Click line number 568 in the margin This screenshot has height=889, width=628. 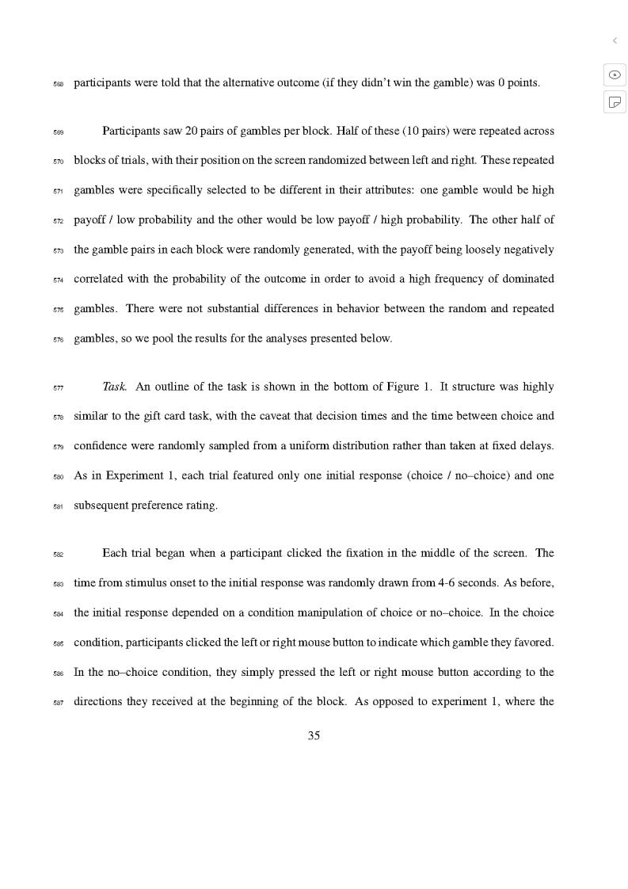tap(59, 84)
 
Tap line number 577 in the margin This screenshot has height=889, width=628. tap(59, 388)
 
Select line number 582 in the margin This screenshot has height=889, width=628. tap(59, 555)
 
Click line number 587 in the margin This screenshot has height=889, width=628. tap(59, 703)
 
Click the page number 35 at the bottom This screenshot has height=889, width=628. tap(314, 736)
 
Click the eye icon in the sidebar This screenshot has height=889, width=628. tap(615, 74)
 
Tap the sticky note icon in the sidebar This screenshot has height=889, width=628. tap(615, 101)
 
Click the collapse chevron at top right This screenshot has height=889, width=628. tap(615, 40)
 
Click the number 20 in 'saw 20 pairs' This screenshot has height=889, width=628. tap(192, 131)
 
